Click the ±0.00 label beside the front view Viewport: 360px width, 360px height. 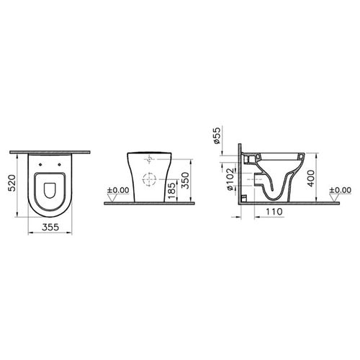pos(117,192)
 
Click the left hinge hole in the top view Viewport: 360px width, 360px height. pos(38,165)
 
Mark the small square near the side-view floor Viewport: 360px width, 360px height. pos(243,197)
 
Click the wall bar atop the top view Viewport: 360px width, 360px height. pos(50,153)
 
